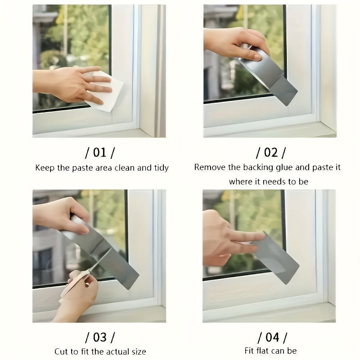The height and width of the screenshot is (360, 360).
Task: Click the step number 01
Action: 100,153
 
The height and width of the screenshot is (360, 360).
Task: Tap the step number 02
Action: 271,153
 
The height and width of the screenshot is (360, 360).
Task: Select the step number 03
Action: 100,337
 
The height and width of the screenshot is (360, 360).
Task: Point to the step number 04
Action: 272,337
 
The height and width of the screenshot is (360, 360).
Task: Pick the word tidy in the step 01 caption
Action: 162,168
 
